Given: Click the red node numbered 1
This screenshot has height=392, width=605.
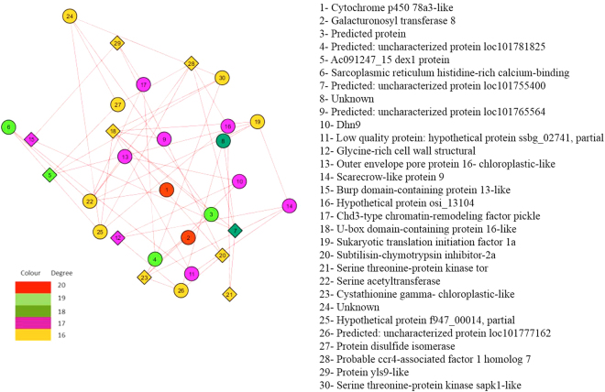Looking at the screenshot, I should point(167,190).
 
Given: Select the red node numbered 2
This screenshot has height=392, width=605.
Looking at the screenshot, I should point(188,238).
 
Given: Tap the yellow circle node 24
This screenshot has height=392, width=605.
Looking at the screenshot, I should point(71,16).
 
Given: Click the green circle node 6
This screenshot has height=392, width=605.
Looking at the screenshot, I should point(8,126).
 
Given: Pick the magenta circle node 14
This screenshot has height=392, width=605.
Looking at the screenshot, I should point(290,205).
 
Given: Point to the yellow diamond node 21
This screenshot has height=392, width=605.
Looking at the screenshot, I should point(229,294).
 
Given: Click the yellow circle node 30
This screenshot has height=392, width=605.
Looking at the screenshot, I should point(221,78).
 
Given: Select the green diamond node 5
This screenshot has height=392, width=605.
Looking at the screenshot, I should point(49,174).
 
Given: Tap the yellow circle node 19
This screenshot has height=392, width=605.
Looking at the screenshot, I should point(258,122).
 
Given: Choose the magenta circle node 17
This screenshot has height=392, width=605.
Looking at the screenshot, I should point(144,84).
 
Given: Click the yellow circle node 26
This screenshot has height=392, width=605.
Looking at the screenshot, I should point(181,290).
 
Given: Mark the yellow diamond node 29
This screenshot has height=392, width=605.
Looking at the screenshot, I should point(191,63).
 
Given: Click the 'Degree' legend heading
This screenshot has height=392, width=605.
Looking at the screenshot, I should point(75,272).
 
